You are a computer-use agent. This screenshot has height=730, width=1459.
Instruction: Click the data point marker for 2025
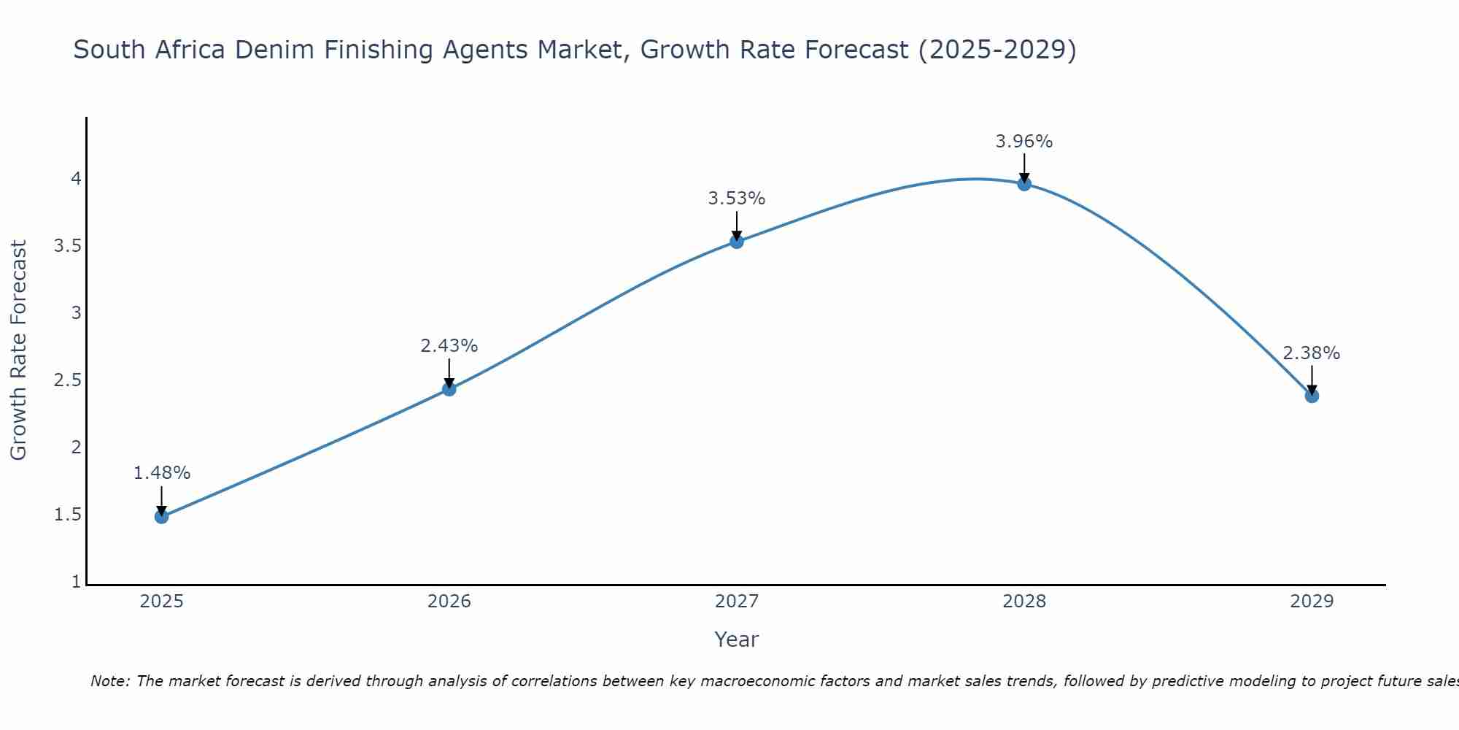coord(162,517)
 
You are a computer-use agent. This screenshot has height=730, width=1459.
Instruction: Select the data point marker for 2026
coord(449,389)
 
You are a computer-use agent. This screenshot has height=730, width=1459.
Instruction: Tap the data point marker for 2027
coord(737,242)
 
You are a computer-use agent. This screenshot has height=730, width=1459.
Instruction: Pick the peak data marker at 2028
coord(1024,184)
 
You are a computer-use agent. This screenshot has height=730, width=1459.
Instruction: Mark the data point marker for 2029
coord(1312,396)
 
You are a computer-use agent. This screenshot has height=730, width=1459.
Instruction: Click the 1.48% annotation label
coord(162,473)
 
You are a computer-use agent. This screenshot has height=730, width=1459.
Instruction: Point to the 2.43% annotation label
coord(449,346)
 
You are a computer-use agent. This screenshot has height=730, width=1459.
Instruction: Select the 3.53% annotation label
coord(737,199)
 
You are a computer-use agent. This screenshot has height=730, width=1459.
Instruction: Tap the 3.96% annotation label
coord(1024,142)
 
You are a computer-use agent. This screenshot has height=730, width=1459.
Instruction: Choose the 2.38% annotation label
coord(1312,353)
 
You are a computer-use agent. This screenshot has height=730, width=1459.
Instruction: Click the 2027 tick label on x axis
coord(737,602)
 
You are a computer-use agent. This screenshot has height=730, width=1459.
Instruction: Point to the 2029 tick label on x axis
coord(1312,602)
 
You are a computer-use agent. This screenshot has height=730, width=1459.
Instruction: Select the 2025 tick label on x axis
coord(162,602)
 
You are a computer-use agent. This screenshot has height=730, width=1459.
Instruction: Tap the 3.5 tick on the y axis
coord(67,246)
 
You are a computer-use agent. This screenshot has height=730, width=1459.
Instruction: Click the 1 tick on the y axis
coord(76,582)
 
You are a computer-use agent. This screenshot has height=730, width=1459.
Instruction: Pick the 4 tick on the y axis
coord(76,179)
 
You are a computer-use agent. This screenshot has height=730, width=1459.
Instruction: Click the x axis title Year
coord(737,639)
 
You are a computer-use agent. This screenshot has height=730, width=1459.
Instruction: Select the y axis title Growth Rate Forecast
coord(19,350)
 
